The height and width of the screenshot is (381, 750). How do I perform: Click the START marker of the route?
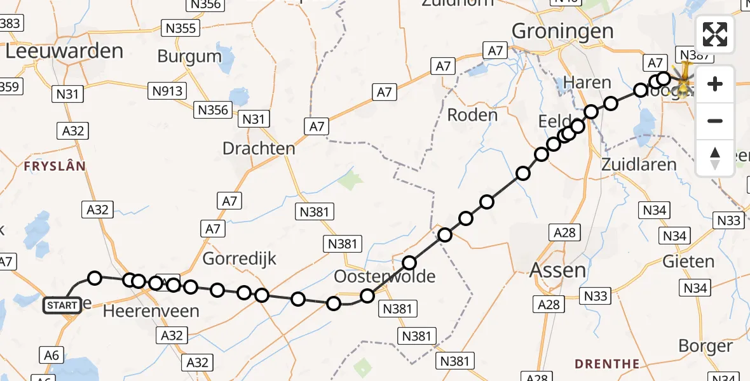62,305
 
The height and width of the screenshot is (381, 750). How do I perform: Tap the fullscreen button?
715,34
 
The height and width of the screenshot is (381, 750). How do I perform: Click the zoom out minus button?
715,121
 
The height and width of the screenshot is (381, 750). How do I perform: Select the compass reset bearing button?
715,158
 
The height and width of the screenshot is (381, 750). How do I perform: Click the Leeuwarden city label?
64,51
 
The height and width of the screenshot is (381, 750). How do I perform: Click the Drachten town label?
259,149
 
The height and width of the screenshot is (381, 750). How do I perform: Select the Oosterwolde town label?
386,277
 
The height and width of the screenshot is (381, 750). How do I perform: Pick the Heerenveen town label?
151,311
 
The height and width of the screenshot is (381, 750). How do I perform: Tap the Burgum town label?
189,57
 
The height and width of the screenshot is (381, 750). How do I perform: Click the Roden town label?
472,115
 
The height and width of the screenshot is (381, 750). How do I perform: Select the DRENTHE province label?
607,364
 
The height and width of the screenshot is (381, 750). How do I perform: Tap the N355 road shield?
181,28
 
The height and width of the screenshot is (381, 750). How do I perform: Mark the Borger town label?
706,346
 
